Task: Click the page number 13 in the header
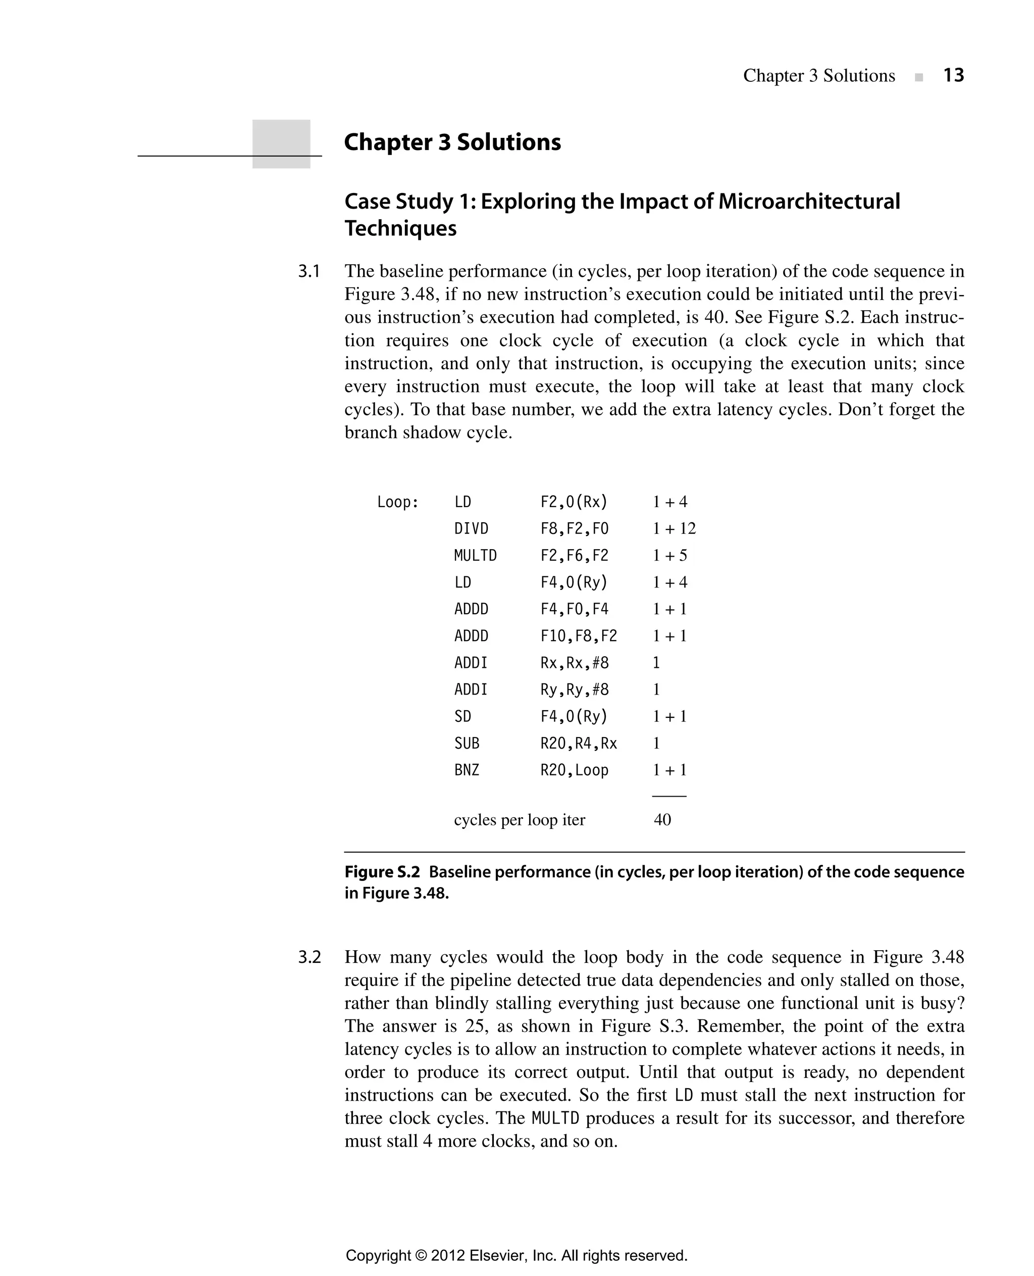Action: click(953, 76)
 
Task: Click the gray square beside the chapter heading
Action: click(281, 143)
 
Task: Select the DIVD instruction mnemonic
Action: click(471, 529)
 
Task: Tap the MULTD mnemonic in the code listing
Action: click(475, 556)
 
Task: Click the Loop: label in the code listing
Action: click(398, 502)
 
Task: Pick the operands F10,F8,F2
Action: click(579, 636)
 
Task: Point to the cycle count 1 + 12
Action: click(674, 529)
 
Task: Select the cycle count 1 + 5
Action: click(669, 556)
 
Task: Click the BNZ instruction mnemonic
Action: click(467, 770)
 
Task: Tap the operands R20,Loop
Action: click(574, 770)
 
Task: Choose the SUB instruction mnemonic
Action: click(467, 743)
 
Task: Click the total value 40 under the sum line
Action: click(662, 819)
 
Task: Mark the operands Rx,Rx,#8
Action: click(574, 663)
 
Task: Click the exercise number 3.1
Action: click(309, 272)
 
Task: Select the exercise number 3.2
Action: click(309, 957)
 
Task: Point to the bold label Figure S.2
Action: click(382, 872)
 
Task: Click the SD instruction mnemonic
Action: click(462, 716)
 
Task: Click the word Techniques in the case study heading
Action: click(400, 228)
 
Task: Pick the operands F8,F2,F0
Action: click(574, 529)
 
